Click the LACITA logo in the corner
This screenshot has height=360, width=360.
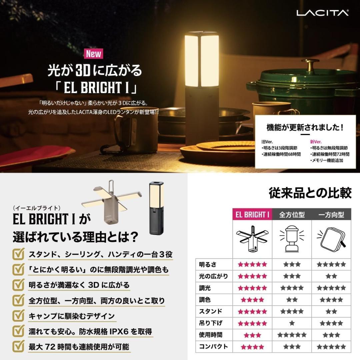318,13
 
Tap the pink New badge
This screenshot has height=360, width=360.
94,54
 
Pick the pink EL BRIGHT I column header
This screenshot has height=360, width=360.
252,215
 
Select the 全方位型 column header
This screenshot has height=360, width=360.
292,215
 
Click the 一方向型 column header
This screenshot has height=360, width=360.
331,215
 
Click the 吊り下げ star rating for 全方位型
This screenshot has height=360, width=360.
292,323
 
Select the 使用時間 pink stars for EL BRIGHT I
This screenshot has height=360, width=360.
252,335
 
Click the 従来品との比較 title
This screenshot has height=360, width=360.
310,193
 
